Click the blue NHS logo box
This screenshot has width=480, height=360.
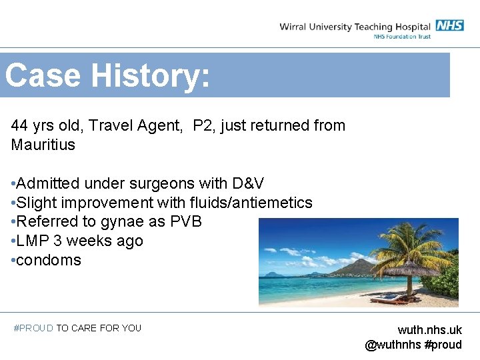click(449, 26)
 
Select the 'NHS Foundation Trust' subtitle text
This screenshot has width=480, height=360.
click(402, 37)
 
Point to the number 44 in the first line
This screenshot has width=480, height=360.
click(19, 125)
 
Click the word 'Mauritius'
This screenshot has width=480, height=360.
click(43, 145)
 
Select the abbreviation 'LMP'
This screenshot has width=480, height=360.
click(31, 241)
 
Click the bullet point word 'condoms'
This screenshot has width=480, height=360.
click(49, 260)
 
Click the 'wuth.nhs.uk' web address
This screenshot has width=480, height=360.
click(429, 330)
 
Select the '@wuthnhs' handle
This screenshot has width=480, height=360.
click(393, 345)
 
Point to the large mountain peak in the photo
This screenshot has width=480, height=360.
click(360, 265)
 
